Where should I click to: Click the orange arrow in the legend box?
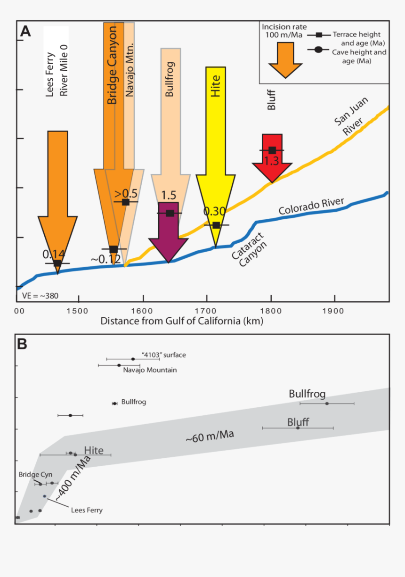coord(284,58)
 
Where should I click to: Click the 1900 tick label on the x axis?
coord(335,312)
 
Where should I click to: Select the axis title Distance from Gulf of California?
coord(181,321)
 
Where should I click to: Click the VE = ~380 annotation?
coord(40,296)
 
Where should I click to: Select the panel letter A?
coord(25,32)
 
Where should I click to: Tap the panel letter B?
coord(22,344)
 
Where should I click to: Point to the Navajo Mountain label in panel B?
coord(150,370)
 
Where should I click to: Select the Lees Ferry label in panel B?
coord(86,510)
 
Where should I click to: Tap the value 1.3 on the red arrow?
coord(272,161)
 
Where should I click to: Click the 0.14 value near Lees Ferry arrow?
coord(54,254)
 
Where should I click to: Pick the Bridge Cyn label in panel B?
coord(35,474)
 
